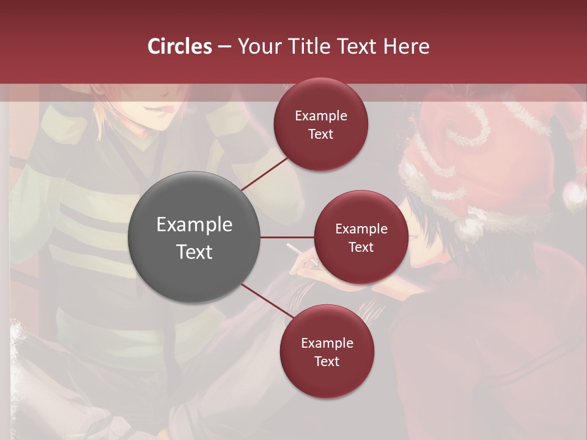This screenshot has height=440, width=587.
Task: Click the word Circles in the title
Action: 180,46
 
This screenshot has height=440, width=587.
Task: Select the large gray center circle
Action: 194,237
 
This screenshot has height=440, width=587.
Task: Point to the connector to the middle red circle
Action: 287,237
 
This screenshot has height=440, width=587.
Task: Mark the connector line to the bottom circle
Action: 267,301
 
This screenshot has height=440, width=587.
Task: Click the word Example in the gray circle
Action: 194,224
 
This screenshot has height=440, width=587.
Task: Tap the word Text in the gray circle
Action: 194,251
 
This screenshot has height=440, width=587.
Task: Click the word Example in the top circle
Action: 321,116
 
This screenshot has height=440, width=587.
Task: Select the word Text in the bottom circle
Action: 327,361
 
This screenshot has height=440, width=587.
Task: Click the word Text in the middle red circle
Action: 361,247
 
